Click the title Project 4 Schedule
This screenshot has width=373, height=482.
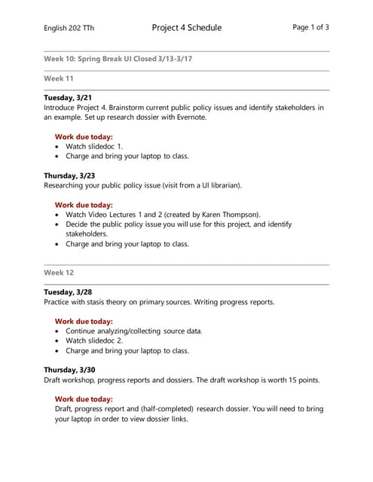click(x=186, y=28)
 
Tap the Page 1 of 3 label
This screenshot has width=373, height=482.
click(x=310, y=27)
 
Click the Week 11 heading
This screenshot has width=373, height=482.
click(x=59, y=78)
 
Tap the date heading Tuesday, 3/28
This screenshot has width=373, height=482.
click(x=69, y=292)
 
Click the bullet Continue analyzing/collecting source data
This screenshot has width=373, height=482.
click(x=133, y=331)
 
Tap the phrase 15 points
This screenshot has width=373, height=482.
click(x=301, y=380)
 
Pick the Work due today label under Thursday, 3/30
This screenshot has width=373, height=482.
click(x=84, y=399)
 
